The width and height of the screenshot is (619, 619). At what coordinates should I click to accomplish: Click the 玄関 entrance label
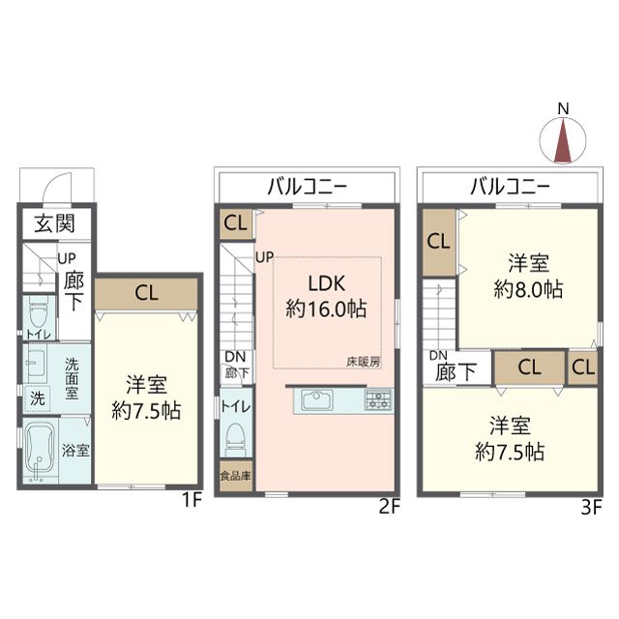pos(54,223)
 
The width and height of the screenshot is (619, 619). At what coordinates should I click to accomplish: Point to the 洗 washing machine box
pos(38,398)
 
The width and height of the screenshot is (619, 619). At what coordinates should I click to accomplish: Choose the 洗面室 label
pos(72,378)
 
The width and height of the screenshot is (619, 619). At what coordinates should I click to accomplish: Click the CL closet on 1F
pos(146,294)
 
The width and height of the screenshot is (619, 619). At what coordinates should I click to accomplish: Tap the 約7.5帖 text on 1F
pos(146,411)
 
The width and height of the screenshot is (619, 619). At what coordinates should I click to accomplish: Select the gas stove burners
pos(378,399)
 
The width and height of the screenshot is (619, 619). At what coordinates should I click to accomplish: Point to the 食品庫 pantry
pos(236,476)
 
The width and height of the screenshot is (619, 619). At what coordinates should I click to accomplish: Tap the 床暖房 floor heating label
pos(364,362)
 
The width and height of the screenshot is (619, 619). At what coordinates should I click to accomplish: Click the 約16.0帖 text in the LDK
pos(326,309)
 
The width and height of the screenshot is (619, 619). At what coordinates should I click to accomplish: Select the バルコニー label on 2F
pos(308,186)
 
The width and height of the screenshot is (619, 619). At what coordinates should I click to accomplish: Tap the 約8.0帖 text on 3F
pos(528,290)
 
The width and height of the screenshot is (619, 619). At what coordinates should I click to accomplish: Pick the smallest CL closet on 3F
pos(582,368)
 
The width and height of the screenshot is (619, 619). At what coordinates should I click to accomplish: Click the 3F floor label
pos(591,507)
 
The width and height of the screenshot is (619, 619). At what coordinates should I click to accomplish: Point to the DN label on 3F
pos(438,356)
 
